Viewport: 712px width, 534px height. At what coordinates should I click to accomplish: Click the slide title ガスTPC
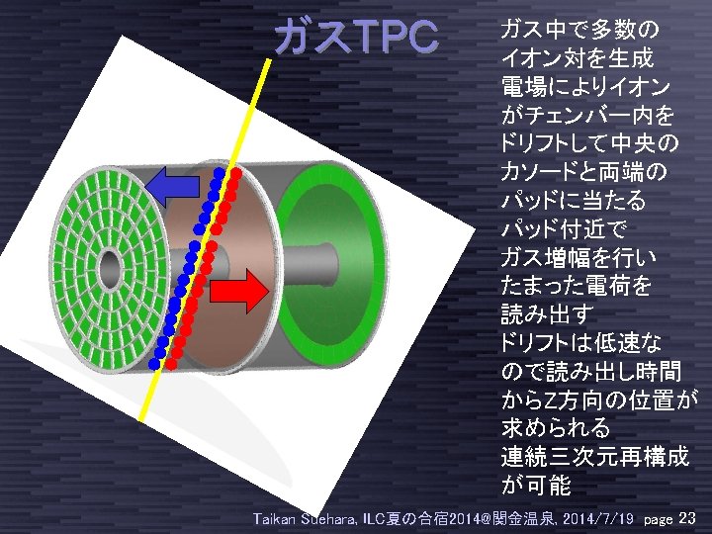(x=356, y=37)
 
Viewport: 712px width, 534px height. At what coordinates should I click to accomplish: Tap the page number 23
(x=689, y=517)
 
